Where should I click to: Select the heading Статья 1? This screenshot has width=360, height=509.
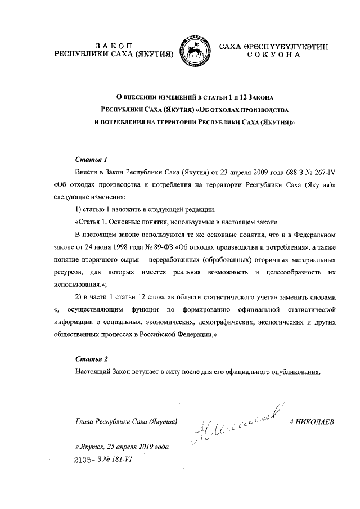pos(91,159)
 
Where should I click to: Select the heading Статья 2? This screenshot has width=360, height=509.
pos(91,358)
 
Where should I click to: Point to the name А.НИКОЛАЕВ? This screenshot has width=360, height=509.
pos(310,421)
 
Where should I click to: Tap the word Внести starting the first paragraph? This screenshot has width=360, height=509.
pos(87,172)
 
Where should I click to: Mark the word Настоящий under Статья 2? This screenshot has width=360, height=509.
pos(93,371)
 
